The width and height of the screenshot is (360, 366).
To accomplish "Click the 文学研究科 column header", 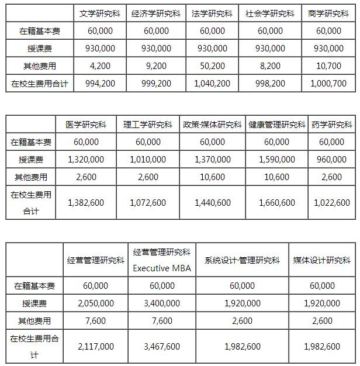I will tap(99, 13).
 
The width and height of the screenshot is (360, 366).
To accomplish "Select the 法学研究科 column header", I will tap(212, 13).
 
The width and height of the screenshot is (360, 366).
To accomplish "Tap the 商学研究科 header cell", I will tap(328, 13).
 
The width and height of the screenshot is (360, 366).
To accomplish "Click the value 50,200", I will tap(212, 66).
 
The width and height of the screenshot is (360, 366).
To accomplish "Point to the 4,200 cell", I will tap(99, 66).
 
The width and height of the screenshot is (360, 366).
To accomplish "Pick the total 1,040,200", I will tap(212, 84).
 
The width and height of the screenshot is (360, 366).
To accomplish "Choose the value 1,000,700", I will tap(328, 84).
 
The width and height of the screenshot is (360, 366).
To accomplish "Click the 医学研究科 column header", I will tap(86, 125).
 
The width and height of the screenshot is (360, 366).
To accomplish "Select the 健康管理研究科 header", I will tap(276, 125).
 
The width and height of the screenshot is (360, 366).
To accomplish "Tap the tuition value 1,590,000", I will tap(276, 159).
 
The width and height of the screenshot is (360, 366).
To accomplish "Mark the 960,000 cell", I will tap(332, 159).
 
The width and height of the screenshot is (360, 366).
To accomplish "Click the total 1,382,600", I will tap(86, 202).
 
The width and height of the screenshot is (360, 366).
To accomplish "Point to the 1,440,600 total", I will tap(212, 202).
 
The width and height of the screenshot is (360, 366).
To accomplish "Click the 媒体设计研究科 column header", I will tap(322, 260).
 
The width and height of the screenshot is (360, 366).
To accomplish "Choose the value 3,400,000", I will tap(161, 303).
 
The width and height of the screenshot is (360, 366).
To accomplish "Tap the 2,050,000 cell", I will tap(95, 303).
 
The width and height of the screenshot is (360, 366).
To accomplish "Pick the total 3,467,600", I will tap(161, 346).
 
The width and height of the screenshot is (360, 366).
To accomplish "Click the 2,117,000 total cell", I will tap(95, 346).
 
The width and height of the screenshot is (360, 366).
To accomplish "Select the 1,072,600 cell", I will tap(147, 202).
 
